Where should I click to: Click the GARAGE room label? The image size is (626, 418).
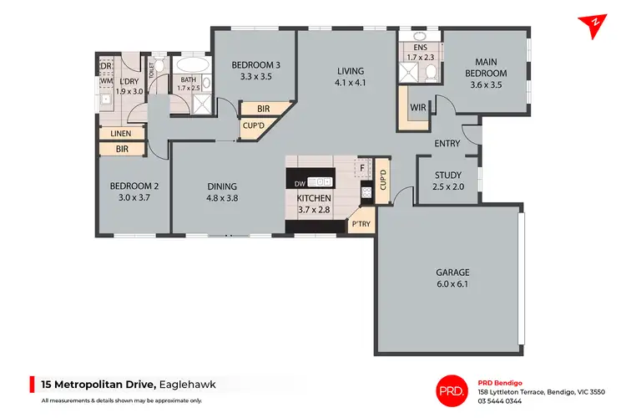click(x=452, y=273)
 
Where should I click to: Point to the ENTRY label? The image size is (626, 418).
click(x=447, y=144)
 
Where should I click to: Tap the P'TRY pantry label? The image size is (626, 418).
click(x=361, y=224)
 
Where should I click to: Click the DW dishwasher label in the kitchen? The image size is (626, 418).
click(x=300, y=181)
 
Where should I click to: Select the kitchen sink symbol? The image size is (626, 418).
click(x=321, y=181)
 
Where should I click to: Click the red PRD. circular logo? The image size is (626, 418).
click(x=453, y=387)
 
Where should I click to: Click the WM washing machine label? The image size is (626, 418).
click(x=106, y=81)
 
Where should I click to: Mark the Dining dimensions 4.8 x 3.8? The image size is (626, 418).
click(x=223, y=199)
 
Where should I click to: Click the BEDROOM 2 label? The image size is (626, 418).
click(x=134, y=186)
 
